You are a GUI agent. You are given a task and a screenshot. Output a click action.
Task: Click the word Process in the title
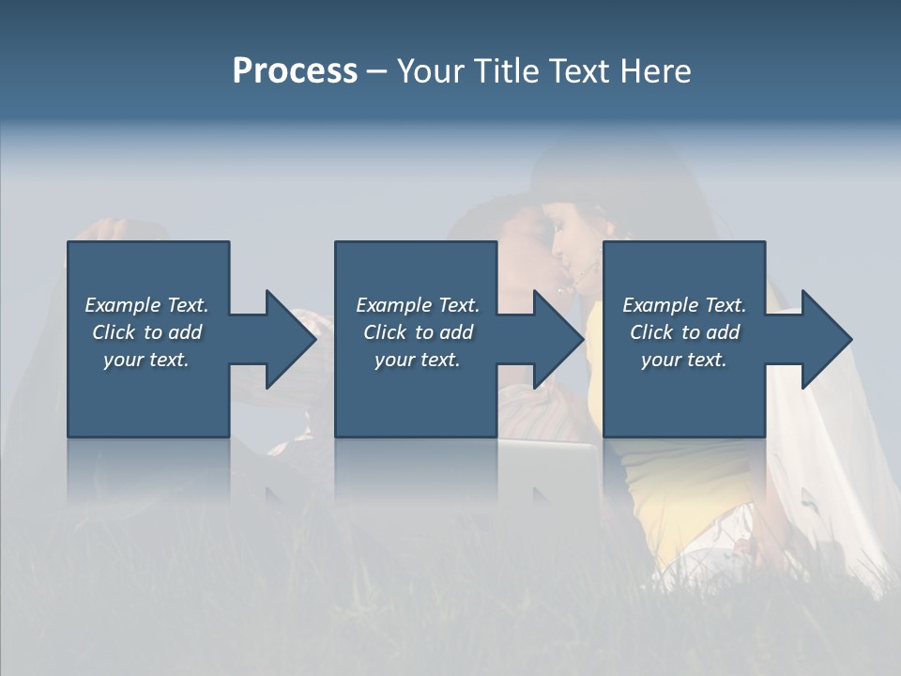(295, 71)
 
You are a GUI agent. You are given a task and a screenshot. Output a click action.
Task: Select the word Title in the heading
(507, 71)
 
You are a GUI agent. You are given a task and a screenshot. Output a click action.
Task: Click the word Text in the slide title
(580, 71)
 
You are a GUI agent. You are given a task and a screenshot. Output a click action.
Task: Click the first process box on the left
(147, 394)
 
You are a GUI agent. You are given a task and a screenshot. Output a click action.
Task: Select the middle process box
(416, 394)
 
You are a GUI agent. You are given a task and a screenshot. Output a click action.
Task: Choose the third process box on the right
(683, 394)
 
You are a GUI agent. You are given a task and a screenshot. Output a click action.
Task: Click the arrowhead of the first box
(291, 339)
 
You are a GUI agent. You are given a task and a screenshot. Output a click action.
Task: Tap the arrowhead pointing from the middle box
(559, 339)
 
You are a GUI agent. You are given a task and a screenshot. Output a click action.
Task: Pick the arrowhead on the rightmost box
(827, 339)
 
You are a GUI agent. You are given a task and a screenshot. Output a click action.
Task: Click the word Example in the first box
(123, 305)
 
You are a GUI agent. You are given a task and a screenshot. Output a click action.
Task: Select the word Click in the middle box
(385, 332)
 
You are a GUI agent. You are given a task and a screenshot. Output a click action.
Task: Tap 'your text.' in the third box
(683, 360)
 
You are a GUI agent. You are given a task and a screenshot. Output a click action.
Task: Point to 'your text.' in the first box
(146, 360)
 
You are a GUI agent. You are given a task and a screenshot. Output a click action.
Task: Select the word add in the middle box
(456, 332)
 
